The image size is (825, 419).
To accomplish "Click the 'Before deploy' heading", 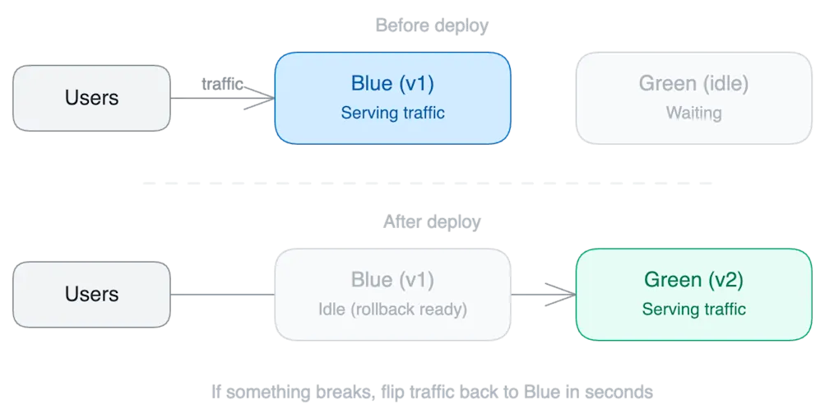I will (432, 26).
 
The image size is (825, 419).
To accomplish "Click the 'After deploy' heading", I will (432, 222).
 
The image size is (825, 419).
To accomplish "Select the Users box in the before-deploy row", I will (91, 98).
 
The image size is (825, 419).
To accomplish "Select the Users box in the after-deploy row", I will (91, 294).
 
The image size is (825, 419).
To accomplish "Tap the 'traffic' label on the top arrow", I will (220, 83).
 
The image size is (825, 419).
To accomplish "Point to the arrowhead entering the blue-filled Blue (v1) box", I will (265, 99).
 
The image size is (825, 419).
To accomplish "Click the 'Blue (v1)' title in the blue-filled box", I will (392, 83).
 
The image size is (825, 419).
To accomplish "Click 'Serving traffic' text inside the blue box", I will (392, 113).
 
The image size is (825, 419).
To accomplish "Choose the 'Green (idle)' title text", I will (693, 83).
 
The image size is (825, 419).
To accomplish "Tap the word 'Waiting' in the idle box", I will (693, 113).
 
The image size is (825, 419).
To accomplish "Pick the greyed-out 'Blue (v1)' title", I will (392, 279).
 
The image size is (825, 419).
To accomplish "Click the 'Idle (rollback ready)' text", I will (392, 310).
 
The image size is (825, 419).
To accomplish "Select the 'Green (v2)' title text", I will (693, 279).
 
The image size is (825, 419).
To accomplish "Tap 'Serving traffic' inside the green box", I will (693, 310).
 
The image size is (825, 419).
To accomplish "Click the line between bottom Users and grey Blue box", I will (222, 294).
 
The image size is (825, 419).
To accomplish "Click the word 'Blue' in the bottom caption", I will (540, 393).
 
